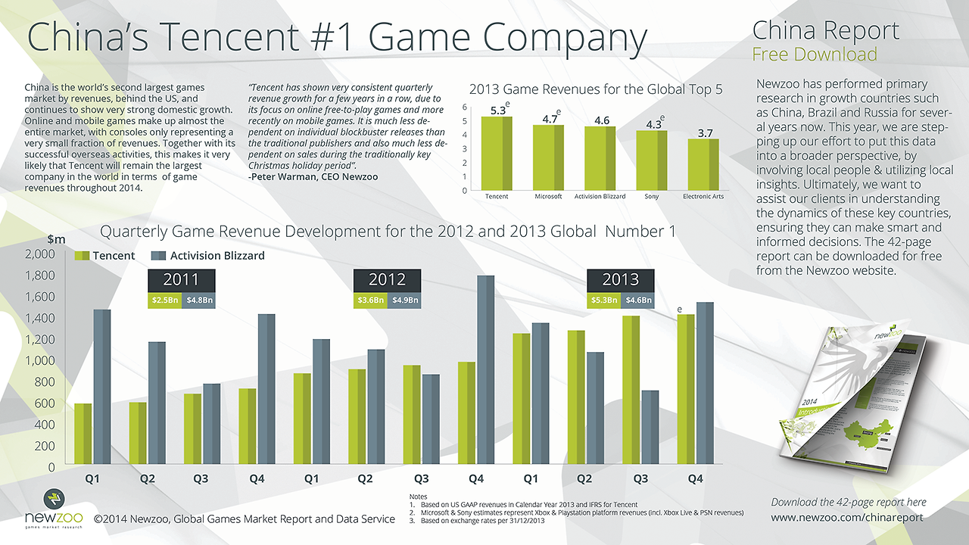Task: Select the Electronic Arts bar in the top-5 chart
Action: [x=703, y=165]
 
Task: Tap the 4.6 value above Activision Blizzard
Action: [x=602, y=120]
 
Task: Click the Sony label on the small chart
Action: [x=651, y=197]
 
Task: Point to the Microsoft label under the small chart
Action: [x=548, y=197]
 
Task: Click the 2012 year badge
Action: [x=387, y=280]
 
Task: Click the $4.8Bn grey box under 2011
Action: [x=200, y=301]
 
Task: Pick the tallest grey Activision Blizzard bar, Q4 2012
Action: [x=485, y=371]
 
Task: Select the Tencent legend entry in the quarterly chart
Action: [x=105, y=256]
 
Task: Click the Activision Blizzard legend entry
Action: [x=208, y=256]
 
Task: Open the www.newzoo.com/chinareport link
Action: [x=847, y=518]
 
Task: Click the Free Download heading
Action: [x=815, y=54]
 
